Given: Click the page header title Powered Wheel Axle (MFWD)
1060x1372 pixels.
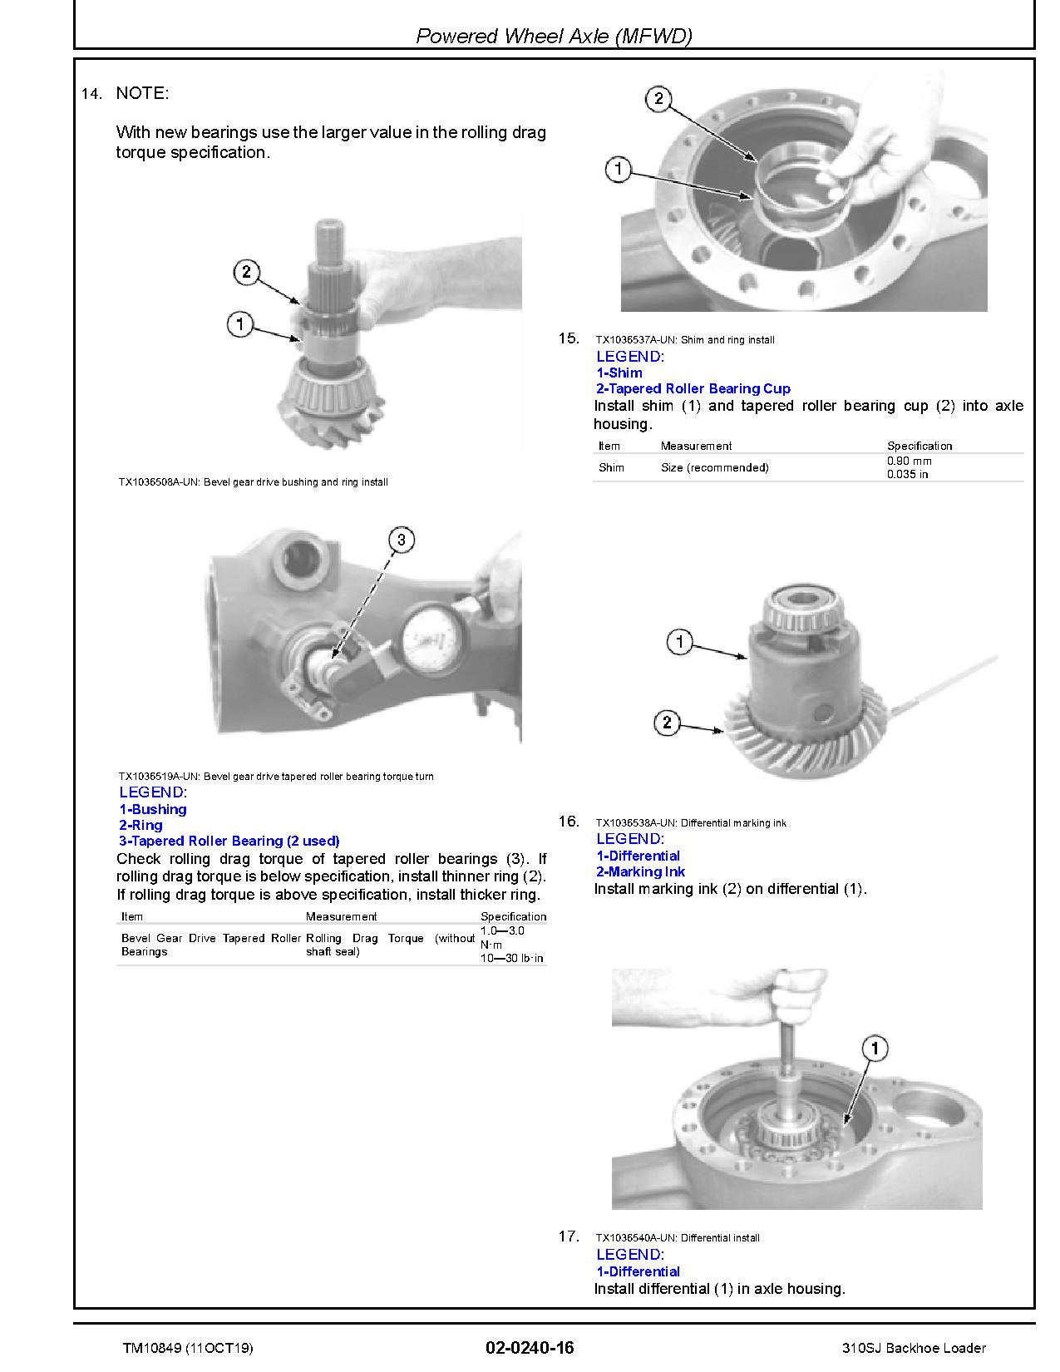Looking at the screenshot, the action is click(x=554, y=36).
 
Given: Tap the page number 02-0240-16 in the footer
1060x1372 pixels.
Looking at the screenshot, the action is click(x=530, y=1347).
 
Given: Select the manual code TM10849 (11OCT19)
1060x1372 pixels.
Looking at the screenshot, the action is click(x=188, y=1348).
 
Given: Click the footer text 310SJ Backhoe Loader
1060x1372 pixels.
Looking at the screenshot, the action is click(x=915, y=1348).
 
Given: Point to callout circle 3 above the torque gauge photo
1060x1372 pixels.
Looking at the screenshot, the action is click(x=402, y=540).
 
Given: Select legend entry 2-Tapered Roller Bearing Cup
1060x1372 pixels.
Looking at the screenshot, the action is click(x=693, y=388).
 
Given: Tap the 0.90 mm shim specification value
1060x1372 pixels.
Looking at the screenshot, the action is click(x=910, y=461).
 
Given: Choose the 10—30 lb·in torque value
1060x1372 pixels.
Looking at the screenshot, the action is click(x=511, y=958).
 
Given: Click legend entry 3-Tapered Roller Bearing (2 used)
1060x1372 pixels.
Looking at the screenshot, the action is click(x=229, y=841).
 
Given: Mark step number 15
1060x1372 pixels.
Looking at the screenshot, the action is click(x=568, y=338).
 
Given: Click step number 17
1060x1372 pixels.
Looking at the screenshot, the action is click(x=568, y=1236).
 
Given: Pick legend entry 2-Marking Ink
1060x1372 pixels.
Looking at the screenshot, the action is click(x=640, y=871).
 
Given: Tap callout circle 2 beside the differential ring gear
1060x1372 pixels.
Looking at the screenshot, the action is click(x=668, y=723).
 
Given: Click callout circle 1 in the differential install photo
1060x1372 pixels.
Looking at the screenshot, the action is click(x=875, y=1049).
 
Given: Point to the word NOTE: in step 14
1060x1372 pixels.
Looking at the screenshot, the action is click(x=142, y=93).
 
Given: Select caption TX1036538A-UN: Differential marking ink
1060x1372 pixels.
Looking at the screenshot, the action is click(x=691, y=822).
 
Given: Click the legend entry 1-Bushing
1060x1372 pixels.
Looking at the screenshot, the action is click(x=153, y=809).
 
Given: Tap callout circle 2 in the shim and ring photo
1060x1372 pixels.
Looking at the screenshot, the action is click(x=658, y=98).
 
